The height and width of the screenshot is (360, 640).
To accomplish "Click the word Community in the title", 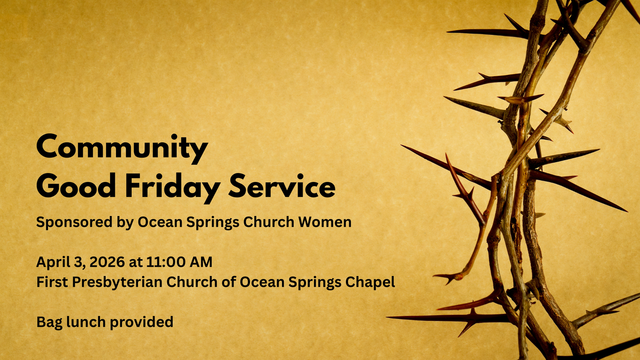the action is click(x=122, y=148).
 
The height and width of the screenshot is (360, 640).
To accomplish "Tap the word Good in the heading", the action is click(x=76, y=186).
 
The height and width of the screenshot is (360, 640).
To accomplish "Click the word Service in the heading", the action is click(x=282, y=186).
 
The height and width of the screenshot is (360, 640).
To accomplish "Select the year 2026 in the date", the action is click(x=107, y=262).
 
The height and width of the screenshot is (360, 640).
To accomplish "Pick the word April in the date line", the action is click(x=52, y=262).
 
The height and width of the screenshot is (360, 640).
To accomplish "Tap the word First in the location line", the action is click(x=52, y=282).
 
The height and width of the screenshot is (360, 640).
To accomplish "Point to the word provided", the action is click(x=142, y=322).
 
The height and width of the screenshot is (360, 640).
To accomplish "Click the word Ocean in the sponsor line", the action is click(x=160, y=222).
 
